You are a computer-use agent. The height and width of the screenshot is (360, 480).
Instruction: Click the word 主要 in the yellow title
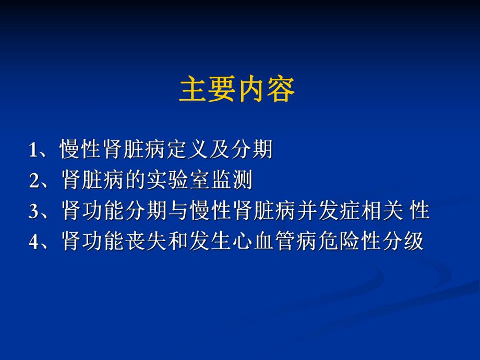[208, 90]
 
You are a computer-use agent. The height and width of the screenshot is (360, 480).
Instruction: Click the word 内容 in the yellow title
[266, 90]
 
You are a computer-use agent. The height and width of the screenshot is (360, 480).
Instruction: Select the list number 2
[34, 181]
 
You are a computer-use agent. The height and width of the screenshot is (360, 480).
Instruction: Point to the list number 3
[34, 212]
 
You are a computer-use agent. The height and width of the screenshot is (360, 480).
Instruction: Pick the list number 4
[34, 242]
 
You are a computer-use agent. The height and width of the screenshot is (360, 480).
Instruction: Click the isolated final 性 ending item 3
[419, 211]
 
